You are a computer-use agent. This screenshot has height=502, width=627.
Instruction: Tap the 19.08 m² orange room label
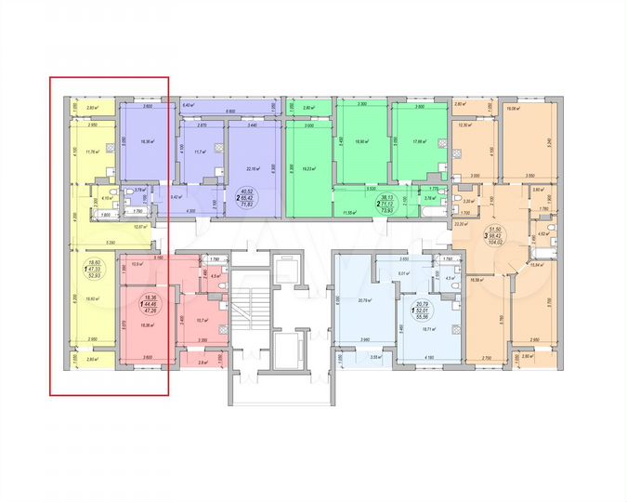click(511, 109)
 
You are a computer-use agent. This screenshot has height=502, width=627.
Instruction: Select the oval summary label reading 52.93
click(93, 276)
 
